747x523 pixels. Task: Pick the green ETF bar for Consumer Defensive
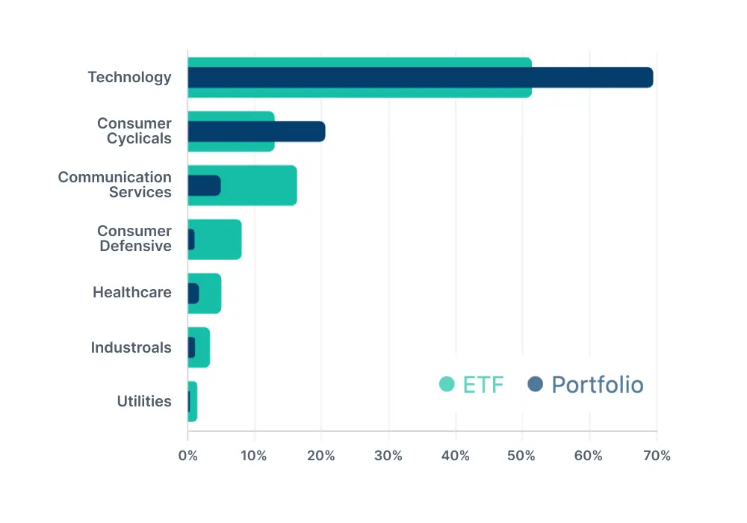tap(220, 239)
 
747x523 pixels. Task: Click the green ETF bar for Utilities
tap(193, 401)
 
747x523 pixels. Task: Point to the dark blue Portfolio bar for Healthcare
tap(193, 294)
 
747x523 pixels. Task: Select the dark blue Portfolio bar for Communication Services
tap(204, 185)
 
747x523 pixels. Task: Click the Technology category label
tap(129, 77)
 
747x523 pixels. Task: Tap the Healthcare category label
tap(131, 292)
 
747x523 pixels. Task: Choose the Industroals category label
tap(131, 347)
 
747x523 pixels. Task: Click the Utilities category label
tap(144, 401)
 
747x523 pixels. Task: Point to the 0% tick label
tap(187, 456)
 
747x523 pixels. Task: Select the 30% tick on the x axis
tap(388, 456)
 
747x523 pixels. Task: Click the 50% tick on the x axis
tap(522, 456)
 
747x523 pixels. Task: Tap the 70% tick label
tap(656, 456)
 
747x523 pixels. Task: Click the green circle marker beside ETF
tap(447, 385)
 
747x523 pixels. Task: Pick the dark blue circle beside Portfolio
tap(535, 385)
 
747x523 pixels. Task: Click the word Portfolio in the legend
tap(597, 385)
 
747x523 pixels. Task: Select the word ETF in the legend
tap(483, 385)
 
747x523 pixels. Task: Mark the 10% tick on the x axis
tap(255, 456)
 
